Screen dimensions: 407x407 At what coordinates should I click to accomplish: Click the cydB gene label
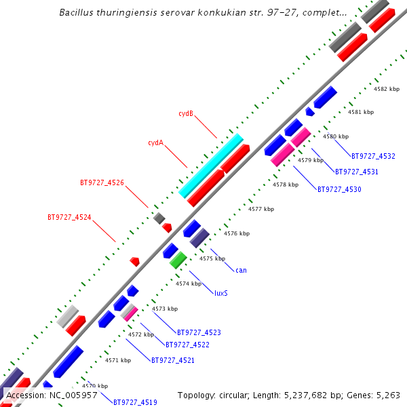(186, 113)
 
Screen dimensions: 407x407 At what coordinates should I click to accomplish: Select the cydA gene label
(155, 143)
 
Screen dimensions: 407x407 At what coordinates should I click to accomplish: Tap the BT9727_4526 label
(102, 182)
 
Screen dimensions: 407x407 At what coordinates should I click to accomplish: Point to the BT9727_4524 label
(69, 218)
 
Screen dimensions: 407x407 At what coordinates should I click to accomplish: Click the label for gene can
(241, 270)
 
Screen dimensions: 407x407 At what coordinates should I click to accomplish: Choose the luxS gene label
(220, 293)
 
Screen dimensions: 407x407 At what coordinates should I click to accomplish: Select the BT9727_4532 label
(373, 157)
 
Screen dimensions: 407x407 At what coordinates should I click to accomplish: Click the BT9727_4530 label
(339, 189)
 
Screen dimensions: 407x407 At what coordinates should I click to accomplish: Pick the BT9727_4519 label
(135, 402)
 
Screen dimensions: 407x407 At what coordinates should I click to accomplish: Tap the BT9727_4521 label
(172, 360)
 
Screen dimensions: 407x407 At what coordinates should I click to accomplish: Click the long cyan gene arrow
(211, 166)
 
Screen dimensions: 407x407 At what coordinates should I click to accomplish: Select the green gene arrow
(178, 260)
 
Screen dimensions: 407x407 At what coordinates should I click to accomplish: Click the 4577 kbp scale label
(261, 209)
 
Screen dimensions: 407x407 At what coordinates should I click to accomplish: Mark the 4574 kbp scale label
(189, 284)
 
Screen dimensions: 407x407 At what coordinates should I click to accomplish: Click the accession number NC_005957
(71, 395)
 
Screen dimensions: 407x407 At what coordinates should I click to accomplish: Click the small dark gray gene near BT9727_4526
(159, 218)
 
